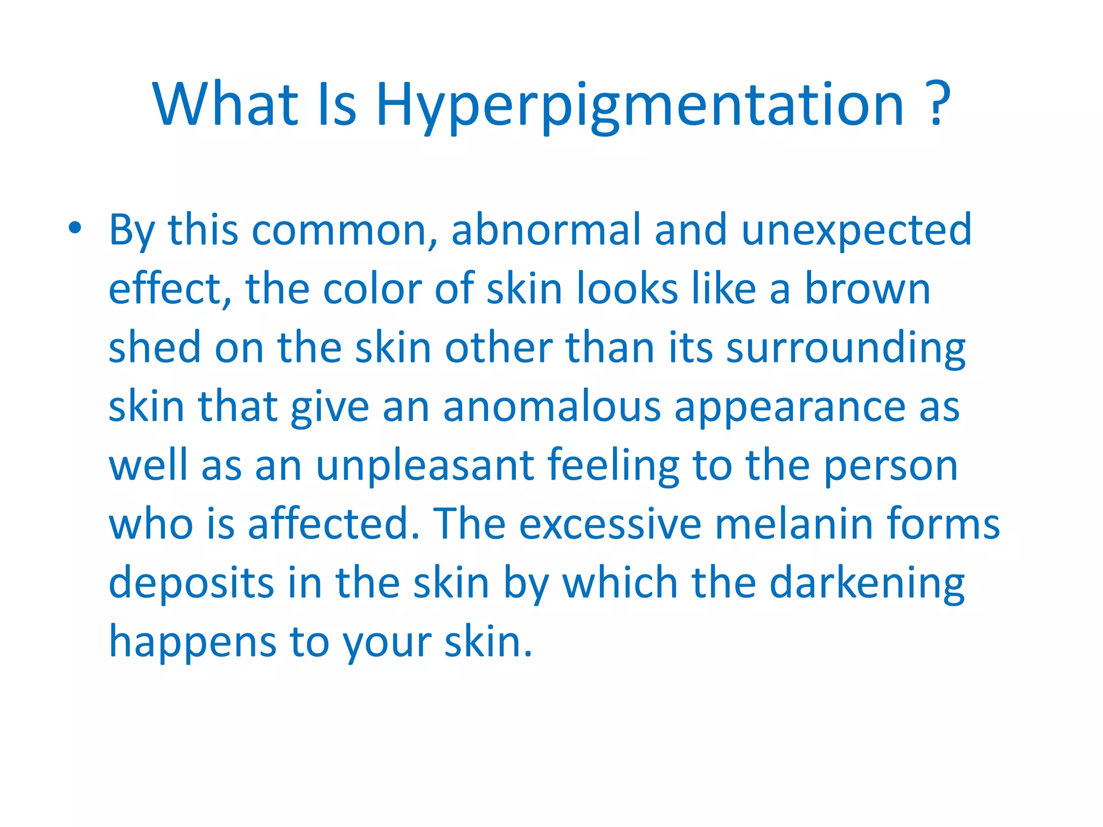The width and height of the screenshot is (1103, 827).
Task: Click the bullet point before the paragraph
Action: click(75, 228)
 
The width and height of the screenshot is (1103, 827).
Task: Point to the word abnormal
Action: click(546, 230)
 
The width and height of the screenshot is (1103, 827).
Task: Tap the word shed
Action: click(155, 347)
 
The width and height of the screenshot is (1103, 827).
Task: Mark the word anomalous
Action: click(551, 407)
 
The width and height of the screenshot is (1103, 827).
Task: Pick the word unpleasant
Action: click(425, 466)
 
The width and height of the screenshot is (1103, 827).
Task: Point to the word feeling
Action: click(613, 466)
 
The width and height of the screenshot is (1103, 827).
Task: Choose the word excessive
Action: click(610, 524)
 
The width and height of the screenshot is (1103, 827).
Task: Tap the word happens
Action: click(193, 642)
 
